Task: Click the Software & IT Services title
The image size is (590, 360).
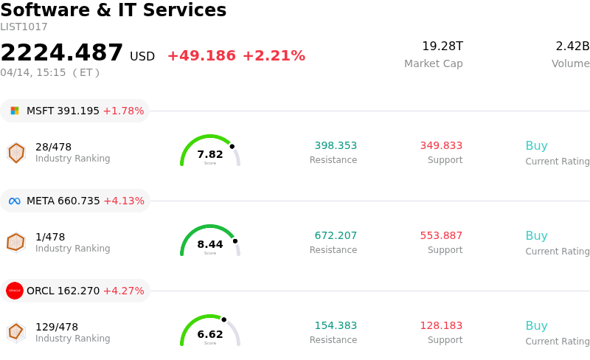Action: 114,10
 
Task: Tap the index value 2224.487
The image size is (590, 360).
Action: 62,53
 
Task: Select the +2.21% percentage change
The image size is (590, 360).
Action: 274,56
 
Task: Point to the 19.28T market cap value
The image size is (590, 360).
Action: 442,46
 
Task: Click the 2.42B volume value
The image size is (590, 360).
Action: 572,46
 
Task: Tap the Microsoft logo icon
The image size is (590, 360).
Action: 15,111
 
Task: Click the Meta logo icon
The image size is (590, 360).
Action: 15,201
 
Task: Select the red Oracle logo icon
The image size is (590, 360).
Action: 15,291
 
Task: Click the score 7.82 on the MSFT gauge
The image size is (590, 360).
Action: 210,154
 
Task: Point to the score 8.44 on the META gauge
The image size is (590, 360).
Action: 210,244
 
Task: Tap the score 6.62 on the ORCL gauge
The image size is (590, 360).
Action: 210,334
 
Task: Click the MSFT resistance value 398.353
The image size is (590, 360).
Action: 336,146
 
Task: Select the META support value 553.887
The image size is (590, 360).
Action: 441,236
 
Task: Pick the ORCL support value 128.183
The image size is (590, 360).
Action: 441,326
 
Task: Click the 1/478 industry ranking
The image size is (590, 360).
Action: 50,237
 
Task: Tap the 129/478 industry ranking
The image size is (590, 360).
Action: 57,327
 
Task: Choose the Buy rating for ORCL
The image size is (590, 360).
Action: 536,326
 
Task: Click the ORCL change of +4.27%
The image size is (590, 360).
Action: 123,291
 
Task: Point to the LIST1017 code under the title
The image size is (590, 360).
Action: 24,27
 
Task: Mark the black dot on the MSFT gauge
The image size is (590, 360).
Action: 232,146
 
